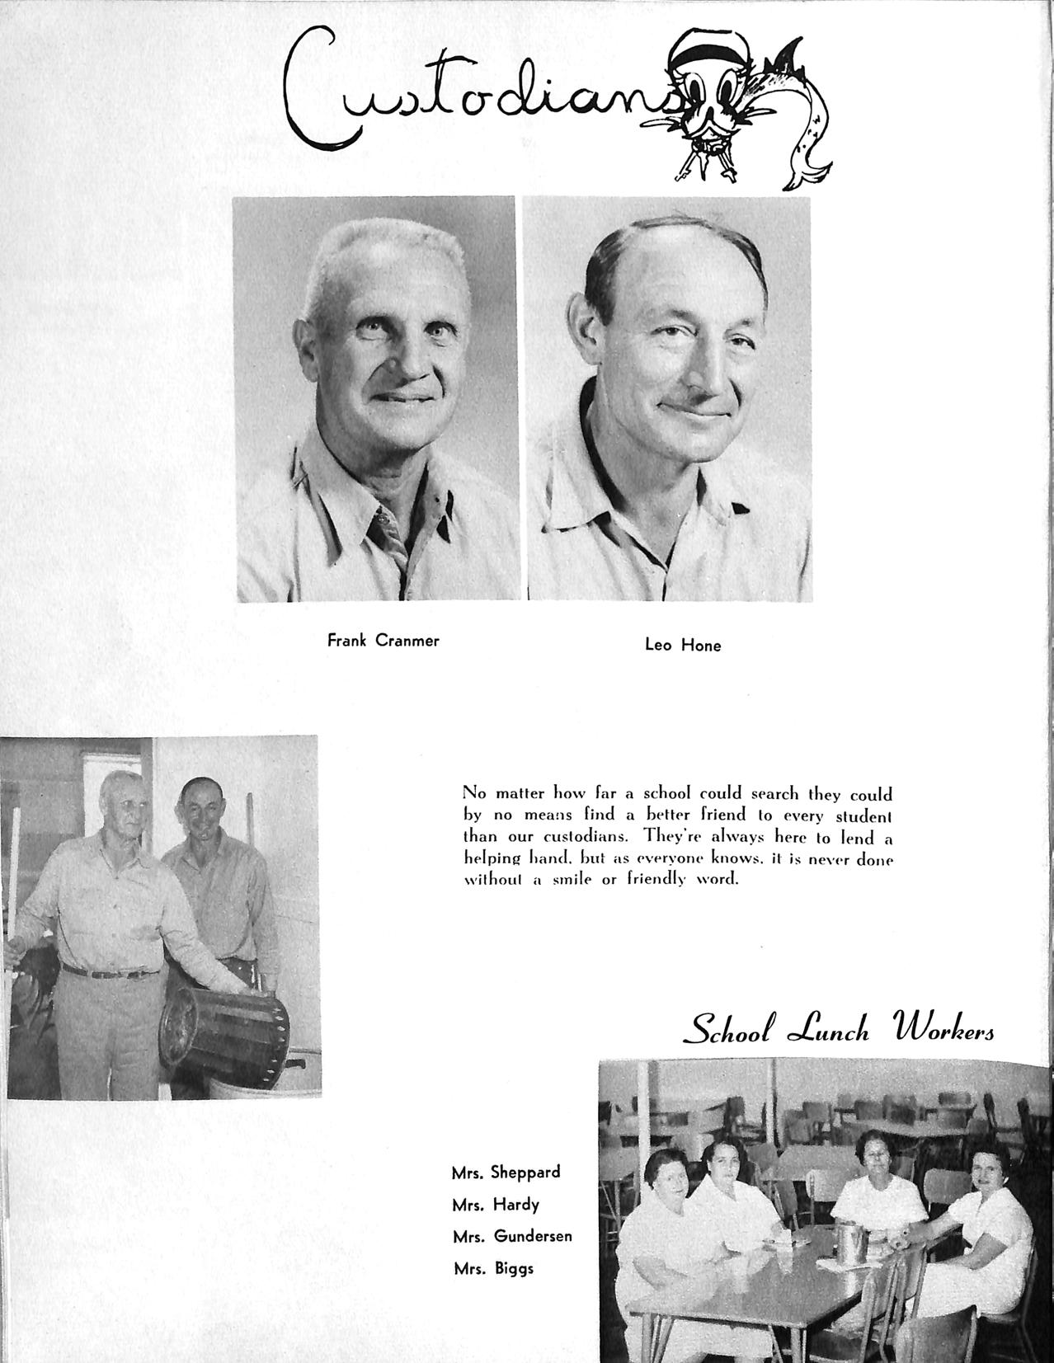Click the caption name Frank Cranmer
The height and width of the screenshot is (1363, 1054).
[x=383, y=640]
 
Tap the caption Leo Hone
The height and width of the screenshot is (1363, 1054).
[x=682, y=646]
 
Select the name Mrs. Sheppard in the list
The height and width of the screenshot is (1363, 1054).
[x=506, y=1172]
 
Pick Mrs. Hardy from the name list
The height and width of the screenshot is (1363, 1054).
[x=495, y=1205]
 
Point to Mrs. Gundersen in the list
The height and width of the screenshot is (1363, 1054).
[x=511, y=1236]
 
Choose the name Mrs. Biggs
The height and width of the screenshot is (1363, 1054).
[x=493, y=1268]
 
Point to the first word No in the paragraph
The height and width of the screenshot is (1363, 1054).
[x=475, y=793]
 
